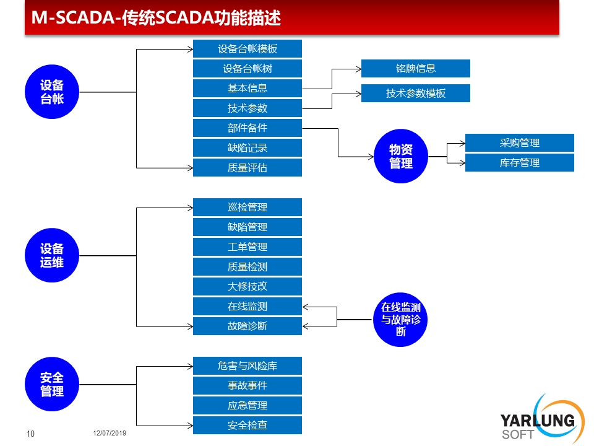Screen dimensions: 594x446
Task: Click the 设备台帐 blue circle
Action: tap(52, 92)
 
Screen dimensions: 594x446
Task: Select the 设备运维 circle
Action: tap(52, 255)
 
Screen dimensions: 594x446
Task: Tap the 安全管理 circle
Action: tap(52, 384)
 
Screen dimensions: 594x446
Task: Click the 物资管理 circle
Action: tap(401, 156)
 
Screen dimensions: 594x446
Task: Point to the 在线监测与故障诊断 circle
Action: tap(400, 320)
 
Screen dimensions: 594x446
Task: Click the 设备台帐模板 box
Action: tap(247, 48)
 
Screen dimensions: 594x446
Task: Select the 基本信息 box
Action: tap(247, 89)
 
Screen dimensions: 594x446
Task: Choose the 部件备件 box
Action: tap(247, 128)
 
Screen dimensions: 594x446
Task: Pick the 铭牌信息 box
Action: tap(416, 68)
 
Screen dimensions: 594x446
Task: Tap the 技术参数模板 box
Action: tap(416, 94)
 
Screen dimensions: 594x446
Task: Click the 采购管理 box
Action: tap(519, 143)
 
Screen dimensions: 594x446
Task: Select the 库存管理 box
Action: tap(519, 163)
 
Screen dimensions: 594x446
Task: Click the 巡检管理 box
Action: tap(247, 207)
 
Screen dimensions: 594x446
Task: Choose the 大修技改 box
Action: tap(247, 286)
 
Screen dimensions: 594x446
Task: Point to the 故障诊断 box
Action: tap(247, 326)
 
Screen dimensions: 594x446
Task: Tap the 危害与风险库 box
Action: tap(247, 365)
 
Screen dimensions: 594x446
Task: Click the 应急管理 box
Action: tap(247, 405)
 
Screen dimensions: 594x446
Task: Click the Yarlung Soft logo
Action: tap(543, 419)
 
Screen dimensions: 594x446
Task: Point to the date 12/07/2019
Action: tap(110, 433)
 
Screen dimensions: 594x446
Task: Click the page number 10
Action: tap(30, 434)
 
